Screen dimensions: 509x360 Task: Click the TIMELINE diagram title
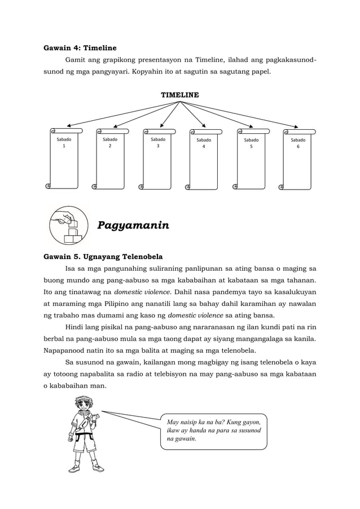pyautogui.click(x=179, y=95)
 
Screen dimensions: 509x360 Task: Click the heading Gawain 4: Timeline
pyautogui.click(x=80, y=48)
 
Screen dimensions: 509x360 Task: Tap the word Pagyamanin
pyautogui.click(x=134, y=226)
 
